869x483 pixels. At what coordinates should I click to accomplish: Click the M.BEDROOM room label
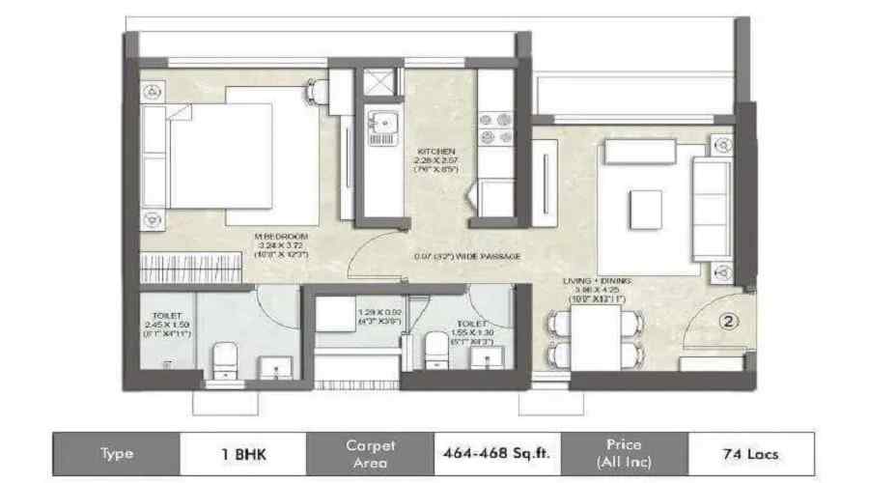click(x=281, y=236)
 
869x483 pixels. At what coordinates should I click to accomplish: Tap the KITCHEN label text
click(x=431, y=153)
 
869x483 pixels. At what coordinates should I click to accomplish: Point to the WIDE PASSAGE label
click(x=467, y=256)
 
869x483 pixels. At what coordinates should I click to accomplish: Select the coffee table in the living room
click(x=646, y=210)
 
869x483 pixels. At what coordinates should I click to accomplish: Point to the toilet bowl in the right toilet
click(x=436, y=350)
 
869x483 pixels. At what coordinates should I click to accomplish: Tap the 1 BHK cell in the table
click(x=242, y=453)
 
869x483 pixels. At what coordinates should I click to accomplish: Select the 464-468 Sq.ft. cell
click(x=497, y=453)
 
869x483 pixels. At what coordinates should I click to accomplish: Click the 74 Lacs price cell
click(x=750, y=453)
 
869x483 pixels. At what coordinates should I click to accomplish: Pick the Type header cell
click(x=117, y=453)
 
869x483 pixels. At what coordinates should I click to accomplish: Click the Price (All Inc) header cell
click(x=624, y=453)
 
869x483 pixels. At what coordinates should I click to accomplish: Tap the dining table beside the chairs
click(x=599, y=340)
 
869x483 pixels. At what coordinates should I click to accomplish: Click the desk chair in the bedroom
click(x=317, y=92)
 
